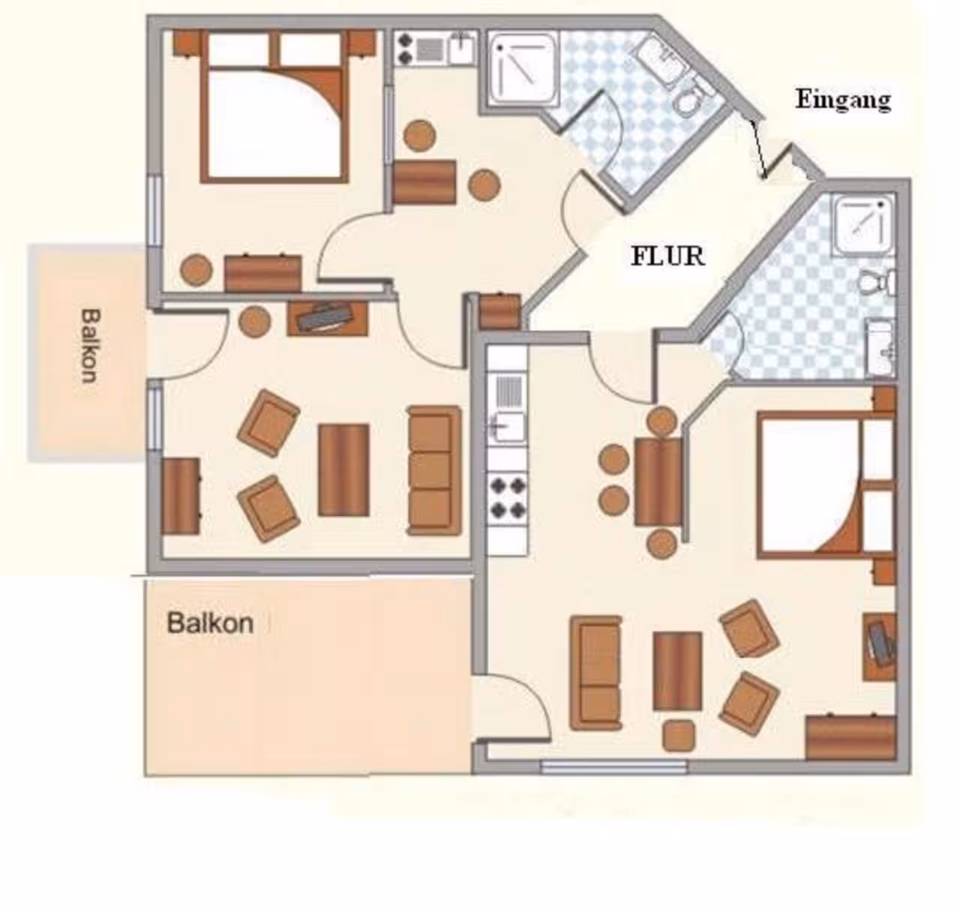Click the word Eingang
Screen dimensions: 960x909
(x=843, y=100)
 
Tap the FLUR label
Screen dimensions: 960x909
(x=668, y=256)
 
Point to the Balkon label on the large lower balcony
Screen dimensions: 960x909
(x=210, y=623)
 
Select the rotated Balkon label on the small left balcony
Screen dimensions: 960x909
(x=90, y=345)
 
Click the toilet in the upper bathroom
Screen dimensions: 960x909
(x=689, y=100)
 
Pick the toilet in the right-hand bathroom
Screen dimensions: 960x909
(x=877, y=282)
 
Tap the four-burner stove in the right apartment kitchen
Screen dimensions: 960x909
(x=508, y=498)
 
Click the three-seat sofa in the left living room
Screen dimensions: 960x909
(x=434, y=470)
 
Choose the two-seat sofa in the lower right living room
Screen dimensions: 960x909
(x=595, y=673)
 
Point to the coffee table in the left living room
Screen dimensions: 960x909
(x=343, y=470)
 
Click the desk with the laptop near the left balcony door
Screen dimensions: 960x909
(x=327, y=318)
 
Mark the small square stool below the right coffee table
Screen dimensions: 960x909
(x=678, y=736)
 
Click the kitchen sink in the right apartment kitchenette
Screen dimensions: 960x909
(x=508, y=426)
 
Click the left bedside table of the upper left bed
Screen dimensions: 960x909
(x=187, y=43)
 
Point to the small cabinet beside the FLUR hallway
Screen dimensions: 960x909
(x=499, y=310)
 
